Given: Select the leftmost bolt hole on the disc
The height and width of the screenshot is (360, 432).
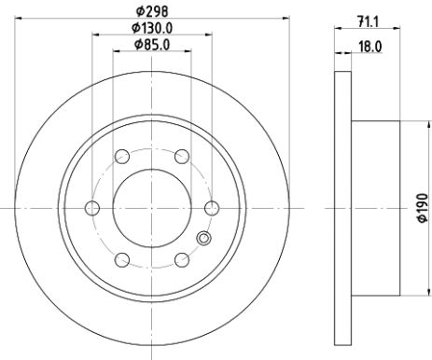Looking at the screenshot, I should point(92,208).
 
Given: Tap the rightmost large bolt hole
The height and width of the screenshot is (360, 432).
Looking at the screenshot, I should point(213,208).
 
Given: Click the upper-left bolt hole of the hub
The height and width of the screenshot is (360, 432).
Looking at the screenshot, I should point(122,156).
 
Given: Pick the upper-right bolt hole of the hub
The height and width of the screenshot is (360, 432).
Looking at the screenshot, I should point(183,156).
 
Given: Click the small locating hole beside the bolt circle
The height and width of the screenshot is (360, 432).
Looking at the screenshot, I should point(202,240).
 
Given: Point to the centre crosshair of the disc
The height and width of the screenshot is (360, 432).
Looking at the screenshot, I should point(152,208).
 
